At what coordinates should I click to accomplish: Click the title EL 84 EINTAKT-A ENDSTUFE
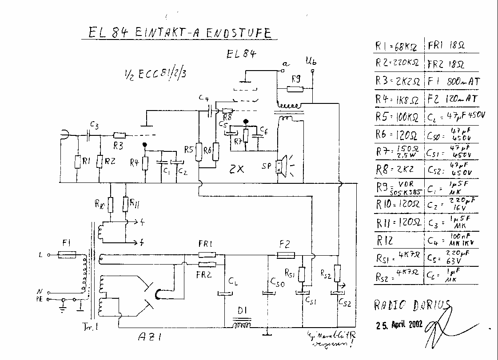177,33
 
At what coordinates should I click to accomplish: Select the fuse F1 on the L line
67,255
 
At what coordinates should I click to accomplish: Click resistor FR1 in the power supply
207,255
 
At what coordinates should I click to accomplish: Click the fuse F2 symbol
285,255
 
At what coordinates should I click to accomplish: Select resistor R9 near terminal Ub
295,89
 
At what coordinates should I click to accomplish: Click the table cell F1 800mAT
452,81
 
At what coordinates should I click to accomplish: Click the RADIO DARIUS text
411,305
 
